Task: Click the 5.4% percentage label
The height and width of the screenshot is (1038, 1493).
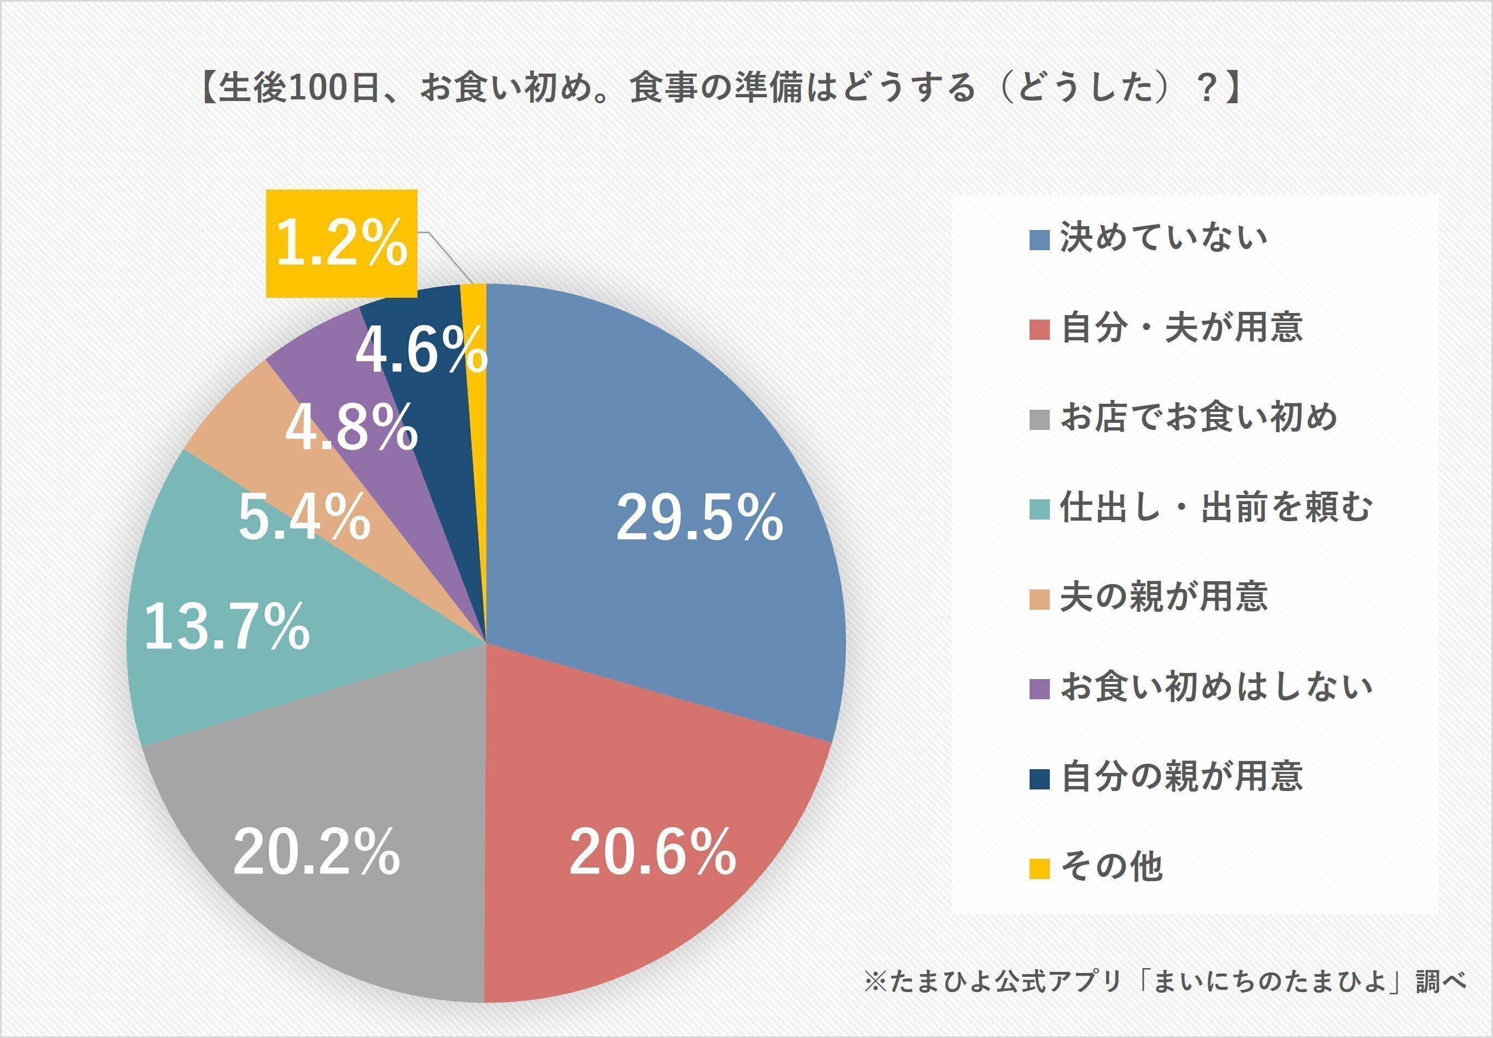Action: pos(304,518)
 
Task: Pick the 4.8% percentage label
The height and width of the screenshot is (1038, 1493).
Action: pos(352,428)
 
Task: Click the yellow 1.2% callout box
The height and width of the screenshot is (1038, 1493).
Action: pos(342,243)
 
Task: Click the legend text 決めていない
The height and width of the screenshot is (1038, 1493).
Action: pos(1164,238)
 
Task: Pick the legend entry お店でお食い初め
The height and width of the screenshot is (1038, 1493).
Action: pos(1199,417)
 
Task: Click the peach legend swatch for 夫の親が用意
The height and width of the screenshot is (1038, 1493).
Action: pos(1040,597)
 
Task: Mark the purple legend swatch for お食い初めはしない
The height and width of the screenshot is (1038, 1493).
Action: pos(1040,688)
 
